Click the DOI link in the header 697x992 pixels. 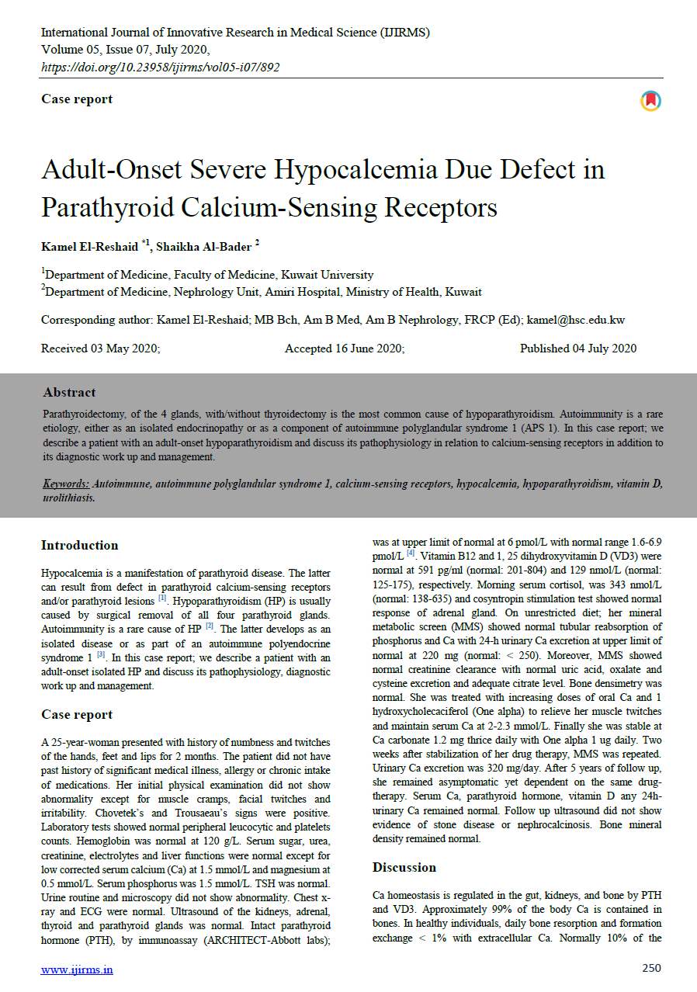click(x=160, y=67)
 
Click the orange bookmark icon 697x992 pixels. click(x=650, y=100)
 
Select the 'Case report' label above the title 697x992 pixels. click(x=77, y=99)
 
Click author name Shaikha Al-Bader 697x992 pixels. click(x=203, y=247)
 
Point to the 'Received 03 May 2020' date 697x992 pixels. click(x=100, y=349)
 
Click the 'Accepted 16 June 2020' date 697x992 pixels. click(x=345, y=349)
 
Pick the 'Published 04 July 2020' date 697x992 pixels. click(x=578, y=349)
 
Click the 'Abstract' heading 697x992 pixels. click(x=70, y=392)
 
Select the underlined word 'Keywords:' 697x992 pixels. click(x=66, y=484)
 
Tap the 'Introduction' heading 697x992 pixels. click(x=80, y=545)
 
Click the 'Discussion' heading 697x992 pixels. click(x=404, y=867)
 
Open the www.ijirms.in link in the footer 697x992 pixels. click(x=77, y=969)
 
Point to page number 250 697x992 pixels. click(x=651, y=968)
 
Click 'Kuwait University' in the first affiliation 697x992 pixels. click(x=327, y=275)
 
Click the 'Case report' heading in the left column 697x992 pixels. click(x=77, y=714)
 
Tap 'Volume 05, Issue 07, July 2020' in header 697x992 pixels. click(x=125, y=50)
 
